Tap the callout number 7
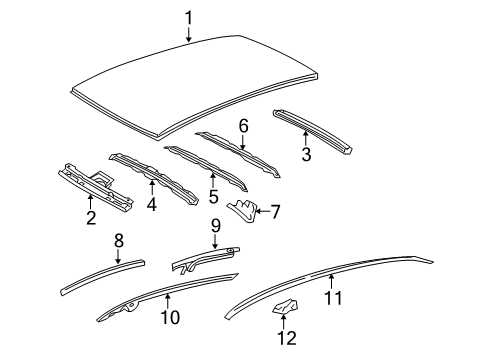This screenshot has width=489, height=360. pyautogui.click(x=277, y=210)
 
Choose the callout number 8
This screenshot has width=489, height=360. pyautogui.click(x=118, y=240)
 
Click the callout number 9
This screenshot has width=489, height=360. pyautogui.click(x=213, y=226)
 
